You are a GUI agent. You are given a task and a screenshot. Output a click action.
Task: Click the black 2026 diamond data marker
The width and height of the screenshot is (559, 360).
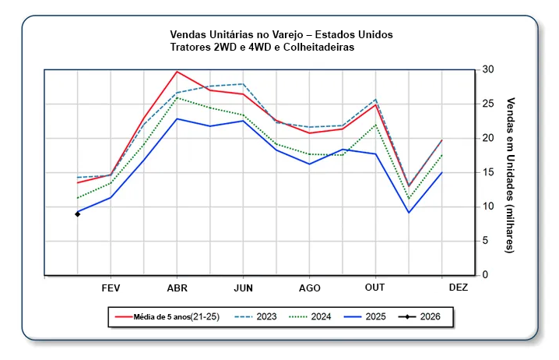tap(78, 214)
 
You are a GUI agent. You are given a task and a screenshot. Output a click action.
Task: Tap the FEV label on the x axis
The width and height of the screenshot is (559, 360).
tap(111, 287)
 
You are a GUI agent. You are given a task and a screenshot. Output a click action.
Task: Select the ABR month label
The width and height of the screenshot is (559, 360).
tap(177, 287)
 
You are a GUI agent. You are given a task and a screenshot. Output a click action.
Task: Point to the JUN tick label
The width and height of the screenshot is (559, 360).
tap(243, 287)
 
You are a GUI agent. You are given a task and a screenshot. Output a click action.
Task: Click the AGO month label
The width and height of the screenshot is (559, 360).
tap(309, 287)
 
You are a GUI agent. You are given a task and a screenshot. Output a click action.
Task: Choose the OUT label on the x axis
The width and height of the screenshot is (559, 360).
tap(375, 287)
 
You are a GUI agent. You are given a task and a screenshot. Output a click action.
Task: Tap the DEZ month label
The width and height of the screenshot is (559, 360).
tap(459, 287)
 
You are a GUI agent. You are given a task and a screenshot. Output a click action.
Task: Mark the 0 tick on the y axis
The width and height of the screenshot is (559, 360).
tap(486, 275)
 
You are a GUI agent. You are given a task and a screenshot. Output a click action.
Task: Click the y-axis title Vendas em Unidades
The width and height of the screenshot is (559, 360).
tap(511, 175)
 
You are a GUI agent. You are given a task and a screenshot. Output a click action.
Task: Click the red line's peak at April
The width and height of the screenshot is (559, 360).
tap(177, 71)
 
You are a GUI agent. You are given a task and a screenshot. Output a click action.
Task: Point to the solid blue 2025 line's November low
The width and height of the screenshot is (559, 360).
tap(409, 213)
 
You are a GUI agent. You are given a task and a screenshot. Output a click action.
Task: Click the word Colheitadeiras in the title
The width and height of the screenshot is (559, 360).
tap(315, 48)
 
